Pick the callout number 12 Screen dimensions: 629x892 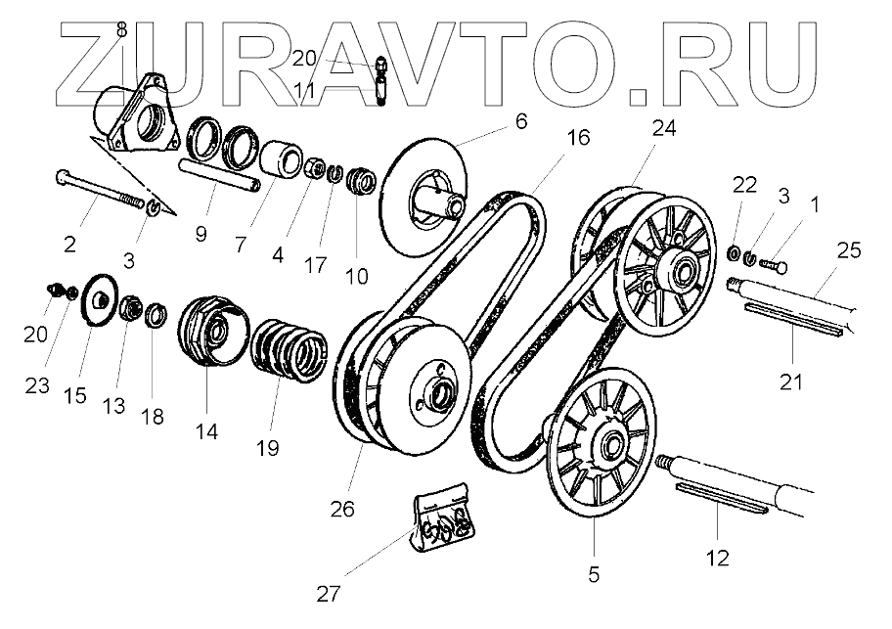tap(718, 559)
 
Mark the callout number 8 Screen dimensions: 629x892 tap(121, 30)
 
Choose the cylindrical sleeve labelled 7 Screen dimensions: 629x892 tap(280, 158)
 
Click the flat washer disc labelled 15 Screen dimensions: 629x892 tap(100, 296)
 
